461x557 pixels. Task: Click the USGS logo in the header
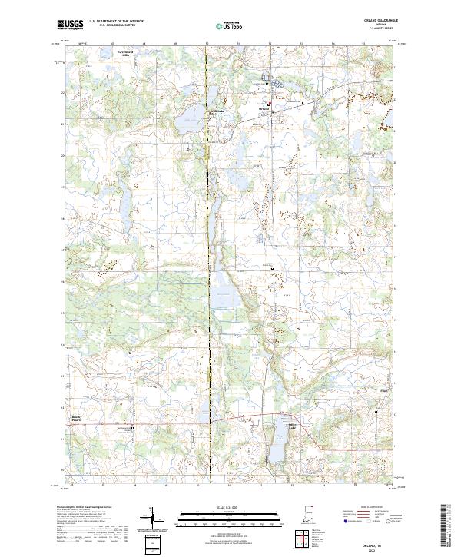(x=70, y=25)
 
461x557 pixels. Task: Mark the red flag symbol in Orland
(x=270, y=104)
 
